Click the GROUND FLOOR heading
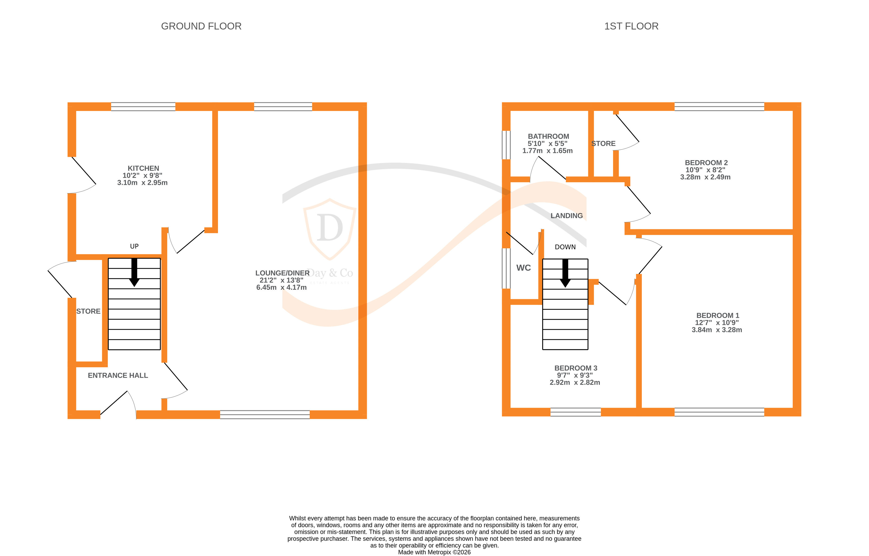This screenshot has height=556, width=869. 201,26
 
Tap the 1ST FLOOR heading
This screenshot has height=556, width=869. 631,26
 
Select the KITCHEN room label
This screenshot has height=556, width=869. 143,168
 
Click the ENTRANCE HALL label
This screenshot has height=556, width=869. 118,376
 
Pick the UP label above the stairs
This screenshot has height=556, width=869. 134,246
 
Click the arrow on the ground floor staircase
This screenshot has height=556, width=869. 134,273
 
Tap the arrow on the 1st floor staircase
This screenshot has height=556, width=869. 565,273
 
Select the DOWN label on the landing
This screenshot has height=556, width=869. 565,247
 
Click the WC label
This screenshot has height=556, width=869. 523,268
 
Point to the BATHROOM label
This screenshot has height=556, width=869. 548,137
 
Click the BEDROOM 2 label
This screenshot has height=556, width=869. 706,163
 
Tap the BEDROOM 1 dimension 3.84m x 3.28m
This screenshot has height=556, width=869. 717,330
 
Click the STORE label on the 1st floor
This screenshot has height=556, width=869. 603,144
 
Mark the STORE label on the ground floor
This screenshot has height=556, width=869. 88,311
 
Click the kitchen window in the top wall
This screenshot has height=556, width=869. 143,107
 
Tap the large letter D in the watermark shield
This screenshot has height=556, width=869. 330,228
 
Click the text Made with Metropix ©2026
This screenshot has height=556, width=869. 434,552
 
